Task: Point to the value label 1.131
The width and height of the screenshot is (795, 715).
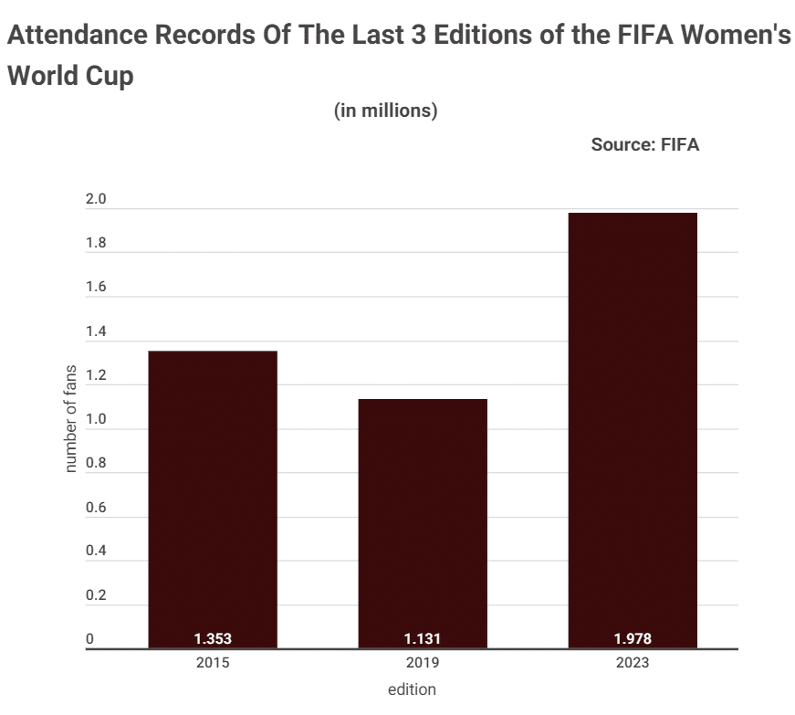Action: click(x=422, y=638)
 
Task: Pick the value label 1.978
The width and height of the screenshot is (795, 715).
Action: click(x=633, y=638)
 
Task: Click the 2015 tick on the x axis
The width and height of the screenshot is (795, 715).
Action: click(x=213, y=663)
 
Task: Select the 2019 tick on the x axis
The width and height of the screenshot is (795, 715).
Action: click(x=422, y=663)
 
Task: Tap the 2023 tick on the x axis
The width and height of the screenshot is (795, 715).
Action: click(x=633, y=663)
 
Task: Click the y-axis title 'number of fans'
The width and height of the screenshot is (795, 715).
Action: click(x=71, y=419)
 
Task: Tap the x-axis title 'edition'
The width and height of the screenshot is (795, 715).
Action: click(x=412, y=689)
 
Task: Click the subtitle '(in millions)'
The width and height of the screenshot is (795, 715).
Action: click(x=387, y=110)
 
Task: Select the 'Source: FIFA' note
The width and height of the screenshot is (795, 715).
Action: click(x=645, y=144)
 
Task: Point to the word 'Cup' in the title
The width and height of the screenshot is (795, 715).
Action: click(x=110, y=76)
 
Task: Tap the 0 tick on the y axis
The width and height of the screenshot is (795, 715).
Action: click(x=90, y=639)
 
